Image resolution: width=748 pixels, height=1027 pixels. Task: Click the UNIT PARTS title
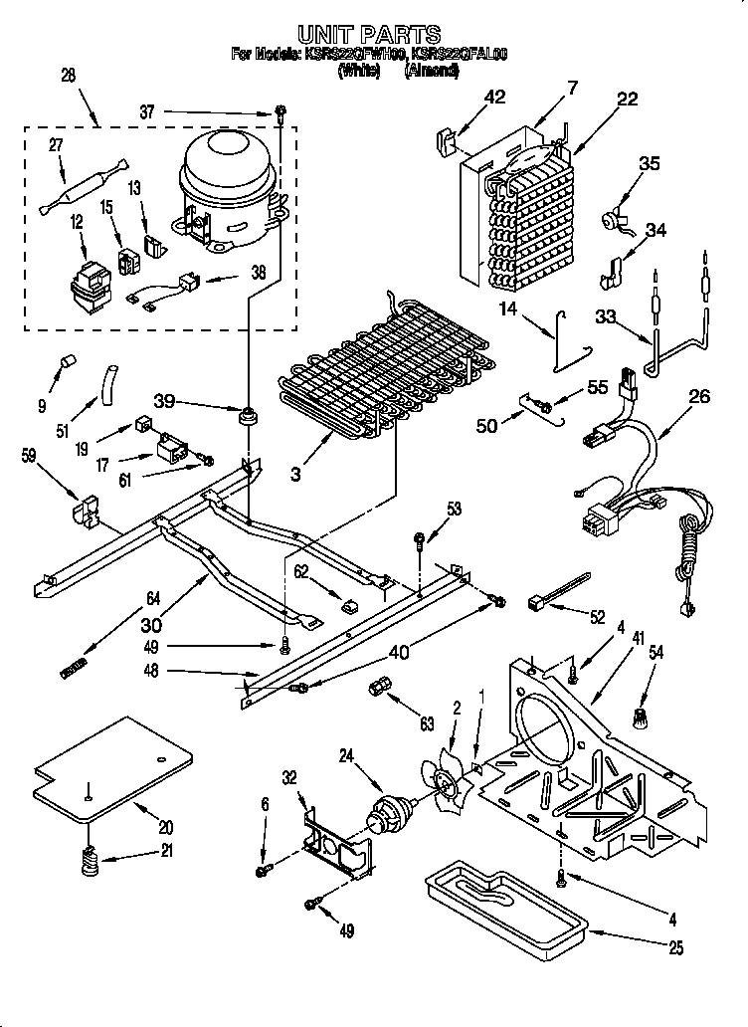[370, 36]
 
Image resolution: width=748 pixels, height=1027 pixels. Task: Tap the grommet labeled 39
[245, 412]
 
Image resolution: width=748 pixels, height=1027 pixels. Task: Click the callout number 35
[649, 165]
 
